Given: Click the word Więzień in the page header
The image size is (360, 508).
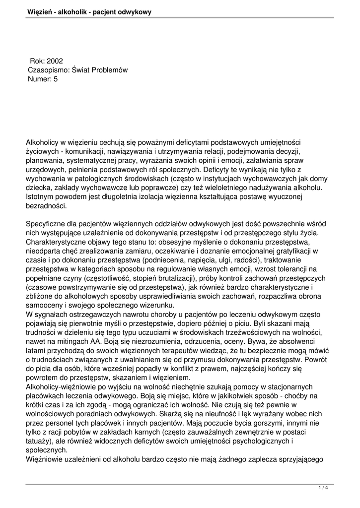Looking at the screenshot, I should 40,11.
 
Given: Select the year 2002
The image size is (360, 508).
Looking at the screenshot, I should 55,61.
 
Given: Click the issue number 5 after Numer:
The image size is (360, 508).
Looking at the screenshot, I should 56,79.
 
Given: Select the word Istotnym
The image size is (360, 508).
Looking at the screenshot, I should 41,196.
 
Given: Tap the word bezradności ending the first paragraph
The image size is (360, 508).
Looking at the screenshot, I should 46,205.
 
